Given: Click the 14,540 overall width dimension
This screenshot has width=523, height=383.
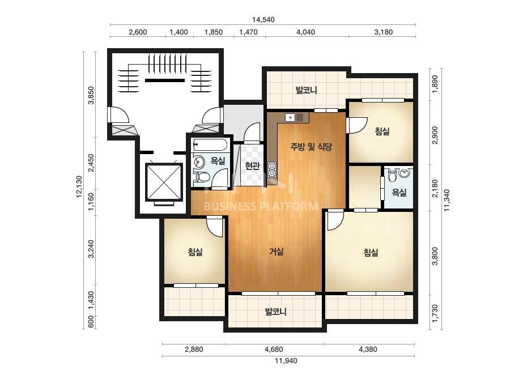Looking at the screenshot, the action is click(263, 20).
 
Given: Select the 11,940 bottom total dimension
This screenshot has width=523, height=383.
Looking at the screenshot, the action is click(286, 361).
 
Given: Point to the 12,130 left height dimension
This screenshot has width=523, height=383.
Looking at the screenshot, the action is click(79, 187).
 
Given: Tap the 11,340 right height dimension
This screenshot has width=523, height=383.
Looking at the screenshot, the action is click(447, 200).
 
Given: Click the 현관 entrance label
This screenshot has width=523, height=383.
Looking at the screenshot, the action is click(252, 165).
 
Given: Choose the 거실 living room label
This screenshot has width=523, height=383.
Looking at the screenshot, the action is click(277, 251).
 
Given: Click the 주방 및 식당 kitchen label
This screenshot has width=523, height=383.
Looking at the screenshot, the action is click(311, 147).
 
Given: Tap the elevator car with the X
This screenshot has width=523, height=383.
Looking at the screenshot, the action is click(164, 182).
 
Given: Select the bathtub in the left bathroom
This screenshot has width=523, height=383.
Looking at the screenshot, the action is click(210, 145).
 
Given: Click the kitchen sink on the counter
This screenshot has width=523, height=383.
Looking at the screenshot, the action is click(291, 117).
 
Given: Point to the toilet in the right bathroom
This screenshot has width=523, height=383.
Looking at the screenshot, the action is click(392, 173).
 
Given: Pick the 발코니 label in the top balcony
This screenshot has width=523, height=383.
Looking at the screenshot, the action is click(306, 90).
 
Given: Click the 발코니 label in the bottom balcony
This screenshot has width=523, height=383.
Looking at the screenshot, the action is click(275, 312).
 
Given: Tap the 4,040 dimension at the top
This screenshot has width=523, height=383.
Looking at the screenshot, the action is click(305, 32).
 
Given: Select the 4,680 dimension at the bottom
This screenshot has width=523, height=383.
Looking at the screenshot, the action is click(274, 350).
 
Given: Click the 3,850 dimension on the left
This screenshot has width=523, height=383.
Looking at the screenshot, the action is click(91, 95).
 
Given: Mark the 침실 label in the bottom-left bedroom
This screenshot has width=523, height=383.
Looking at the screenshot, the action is click(195, 252).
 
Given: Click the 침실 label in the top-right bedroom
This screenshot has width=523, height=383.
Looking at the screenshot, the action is click(382, 131).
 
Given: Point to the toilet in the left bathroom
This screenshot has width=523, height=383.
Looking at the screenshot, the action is click(203, 176).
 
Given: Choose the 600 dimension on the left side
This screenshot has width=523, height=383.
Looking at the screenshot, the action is click(91, 322).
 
